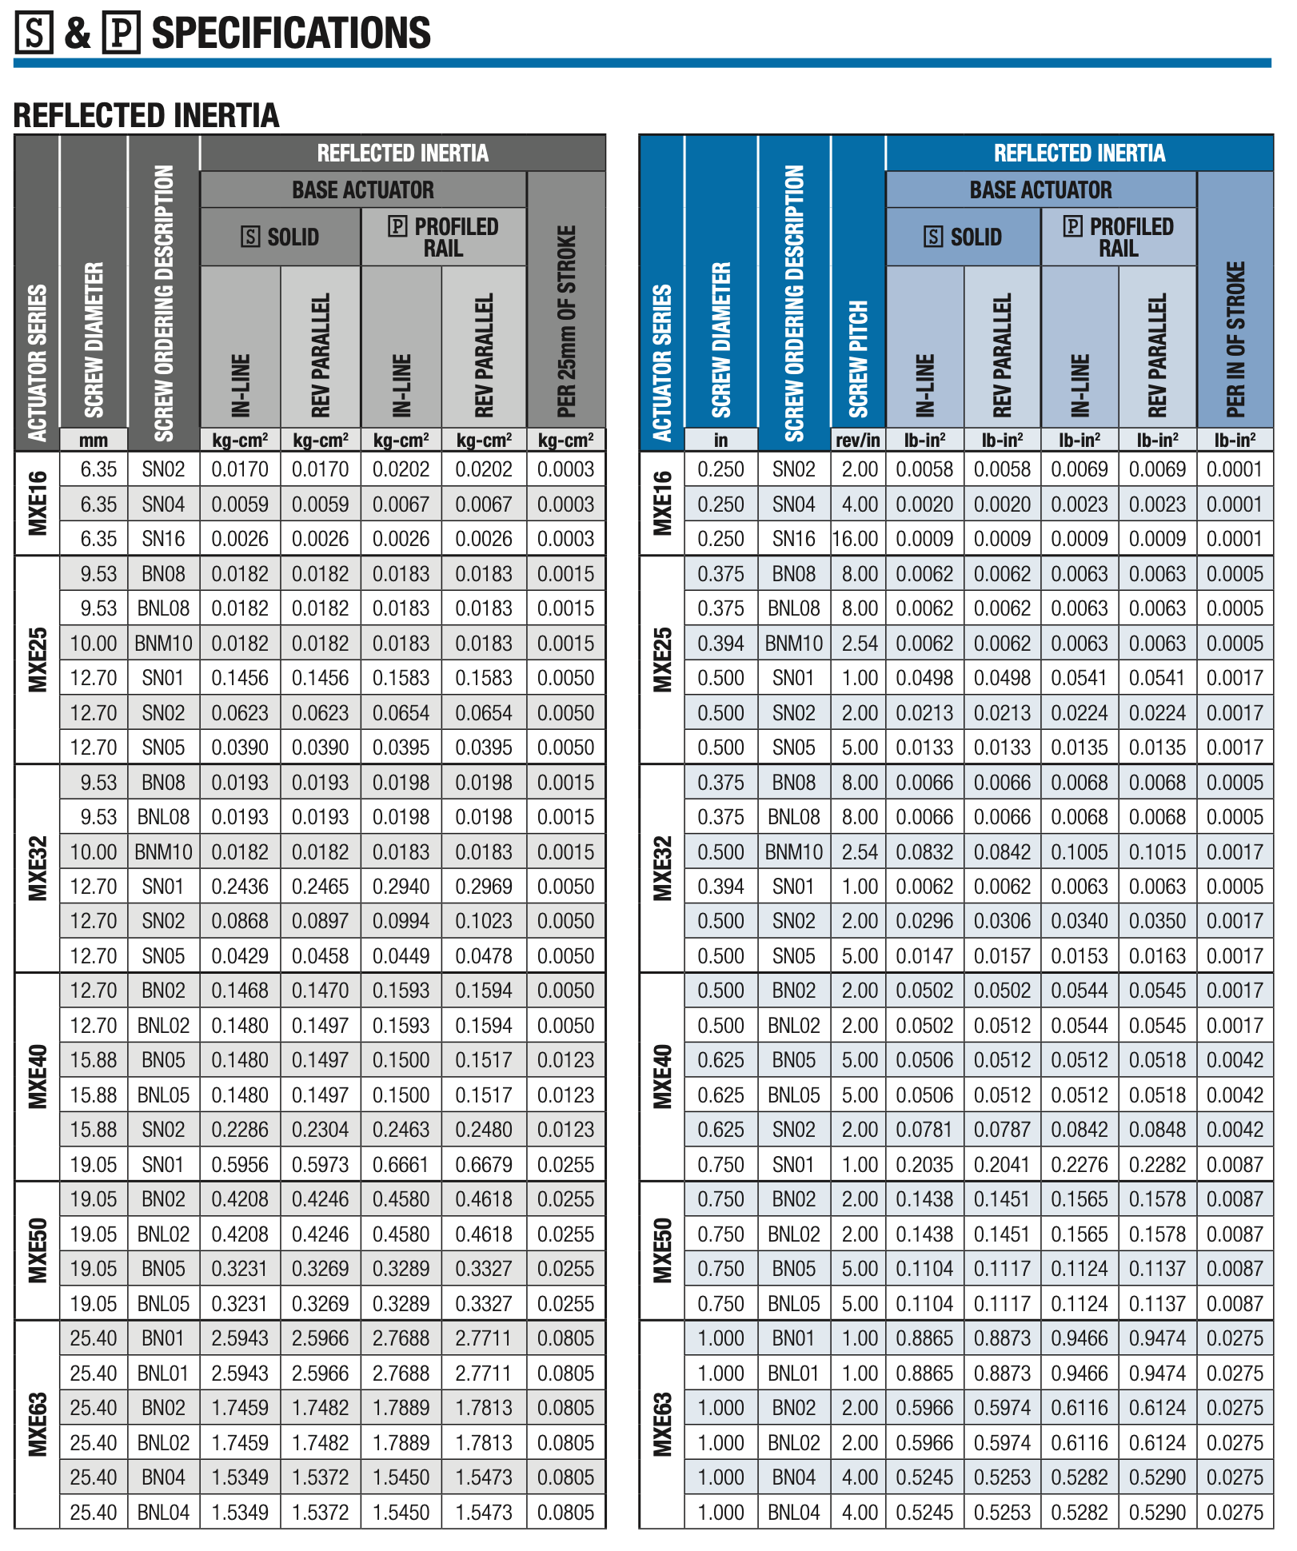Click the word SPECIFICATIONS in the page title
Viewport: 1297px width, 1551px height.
(x=291, y=33)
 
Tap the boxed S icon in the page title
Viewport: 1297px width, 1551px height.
(x=34, y=33)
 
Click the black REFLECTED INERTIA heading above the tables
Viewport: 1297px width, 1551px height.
(x=146, y=115)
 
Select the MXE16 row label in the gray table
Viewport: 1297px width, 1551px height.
(x=38, y=504)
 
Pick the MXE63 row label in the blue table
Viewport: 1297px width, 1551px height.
(x=662, y=1424)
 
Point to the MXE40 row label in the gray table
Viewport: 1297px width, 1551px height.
(x=38, y=1077)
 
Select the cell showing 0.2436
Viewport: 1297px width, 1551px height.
(x=240, y=887)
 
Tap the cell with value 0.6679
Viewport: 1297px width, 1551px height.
(x=484, y=1165)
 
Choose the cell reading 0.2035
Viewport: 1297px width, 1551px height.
(x=924, y=1165)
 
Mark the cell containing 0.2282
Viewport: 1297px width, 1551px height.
(x=1157, y=1165)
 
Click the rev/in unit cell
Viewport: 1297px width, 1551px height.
(x=857, y=440)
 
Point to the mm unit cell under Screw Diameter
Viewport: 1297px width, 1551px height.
(x=94, y=440)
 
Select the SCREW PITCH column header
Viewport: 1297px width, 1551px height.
(x=857, y=360)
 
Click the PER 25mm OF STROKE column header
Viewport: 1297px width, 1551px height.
(x=566, y=320)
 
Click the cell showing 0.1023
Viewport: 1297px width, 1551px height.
(x=484, y=921)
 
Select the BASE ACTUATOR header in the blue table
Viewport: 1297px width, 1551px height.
(x=1040, y=190)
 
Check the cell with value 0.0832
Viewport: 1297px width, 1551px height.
(x=924, y=852)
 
